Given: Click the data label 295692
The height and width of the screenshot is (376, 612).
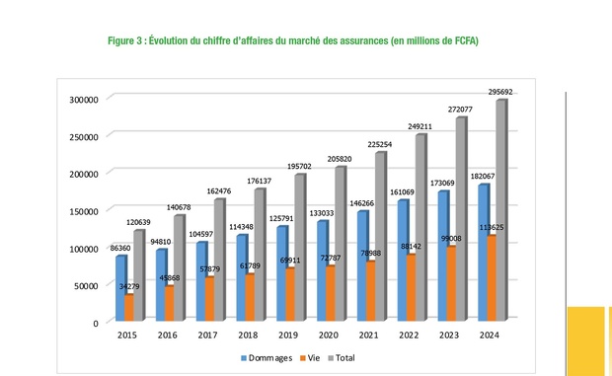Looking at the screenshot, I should [x=498, y=91].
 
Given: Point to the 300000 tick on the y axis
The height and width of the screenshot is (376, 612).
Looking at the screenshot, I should [x=83, y=99].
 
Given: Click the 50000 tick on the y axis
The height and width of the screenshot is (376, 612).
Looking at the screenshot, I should [x=86, y=285].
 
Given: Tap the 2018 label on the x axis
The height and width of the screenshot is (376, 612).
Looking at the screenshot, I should [x=246, y=336].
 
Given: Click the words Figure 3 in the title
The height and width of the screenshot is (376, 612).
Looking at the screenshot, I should [x=128, y=40].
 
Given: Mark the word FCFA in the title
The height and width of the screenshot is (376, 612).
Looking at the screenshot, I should [x=464, y=40].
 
